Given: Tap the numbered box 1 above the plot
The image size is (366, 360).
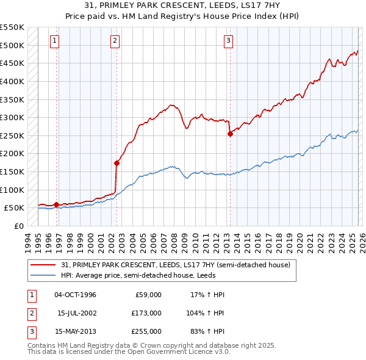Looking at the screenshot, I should pos(55,41).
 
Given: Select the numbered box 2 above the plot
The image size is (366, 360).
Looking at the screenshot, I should pos(115,41).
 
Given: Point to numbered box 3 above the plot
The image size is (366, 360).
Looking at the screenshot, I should pos(228,41).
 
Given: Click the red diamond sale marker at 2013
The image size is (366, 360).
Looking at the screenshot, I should pos(231,134).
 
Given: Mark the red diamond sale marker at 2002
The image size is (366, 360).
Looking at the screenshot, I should pos(117,163).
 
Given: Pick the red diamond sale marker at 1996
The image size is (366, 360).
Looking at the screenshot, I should pos(57,204).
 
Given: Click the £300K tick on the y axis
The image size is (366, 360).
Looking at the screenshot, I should pos(12,117).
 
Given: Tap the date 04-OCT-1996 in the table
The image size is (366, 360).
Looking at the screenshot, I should pos(75,295).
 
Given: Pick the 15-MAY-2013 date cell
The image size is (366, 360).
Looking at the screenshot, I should pos(75,331).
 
